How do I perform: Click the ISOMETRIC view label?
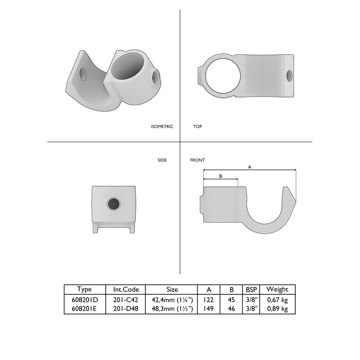[x=162, y=127]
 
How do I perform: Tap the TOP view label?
[x=197, y=127]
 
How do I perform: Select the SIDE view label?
[x=162, y=160]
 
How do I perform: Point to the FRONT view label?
[x=198, y=160]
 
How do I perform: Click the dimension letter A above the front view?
[x=249, y=167]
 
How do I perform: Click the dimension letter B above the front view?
[x=220, y=176]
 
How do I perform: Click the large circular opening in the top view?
[x=222, y=75]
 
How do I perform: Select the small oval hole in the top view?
[x=289, y=75]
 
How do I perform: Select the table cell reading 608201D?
[x=84, y=300]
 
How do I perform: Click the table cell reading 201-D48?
[x=126, y=309]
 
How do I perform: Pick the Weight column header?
[x=277, y=289]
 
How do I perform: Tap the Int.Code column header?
[x=126, y=289]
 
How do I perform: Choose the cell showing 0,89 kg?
[x=277, y=309]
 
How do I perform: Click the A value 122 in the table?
[x=209, y=300]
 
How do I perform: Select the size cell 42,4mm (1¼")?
[x=172, y=300]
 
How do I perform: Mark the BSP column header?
[x=251, y=289]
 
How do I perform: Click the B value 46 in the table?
[x=232, y=309]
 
